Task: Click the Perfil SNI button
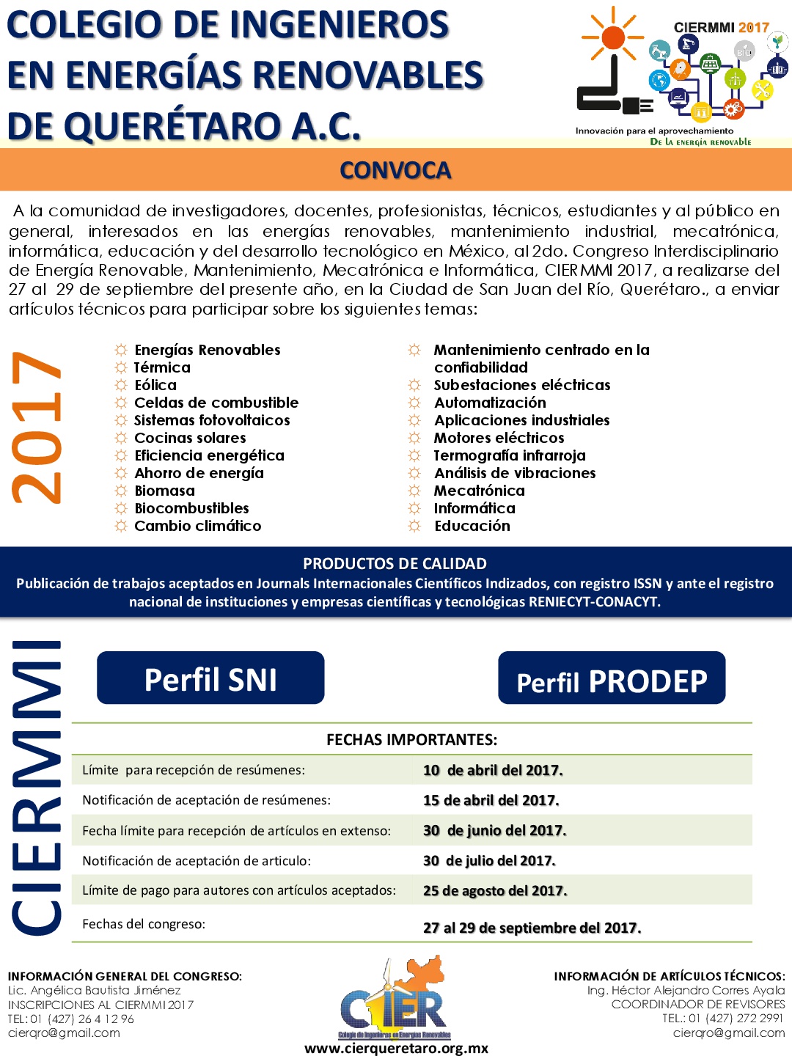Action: (x=210, y=678)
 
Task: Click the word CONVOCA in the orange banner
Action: (x=395, y=170)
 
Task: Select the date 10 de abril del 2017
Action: (x=493, y=770)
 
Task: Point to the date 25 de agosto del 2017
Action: (x=495, y=890)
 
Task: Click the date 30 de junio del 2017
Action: (x=494, y=830)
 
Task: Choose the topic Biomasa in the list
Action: (x=164, y=491)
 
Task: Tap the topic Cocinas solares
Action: (x=190, y=438)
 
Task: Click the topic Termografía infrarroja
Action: (x=510, y=455)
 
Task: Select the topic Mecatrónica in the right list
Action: (x=479, y=491)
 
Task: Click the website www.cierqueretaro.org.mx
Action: (x=396, y=1048)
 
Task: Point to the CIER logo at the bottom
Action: (x=395, y=1002)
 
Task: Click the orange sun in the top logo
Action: (x=612, y=37)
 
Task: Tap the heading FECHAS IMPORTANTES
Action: (x=411, y=739)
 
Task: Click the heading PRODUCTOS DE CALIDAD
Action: (x=395, y=563)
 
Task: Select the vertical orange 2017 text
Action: (x=37, y=428)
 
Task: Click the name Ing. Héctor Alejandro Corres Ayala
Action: (x=686, y=990)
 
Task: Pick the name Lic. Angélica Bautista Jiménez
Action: (x=94, y=990)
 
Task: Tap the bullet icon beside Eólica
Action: (x=121, y=385)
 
